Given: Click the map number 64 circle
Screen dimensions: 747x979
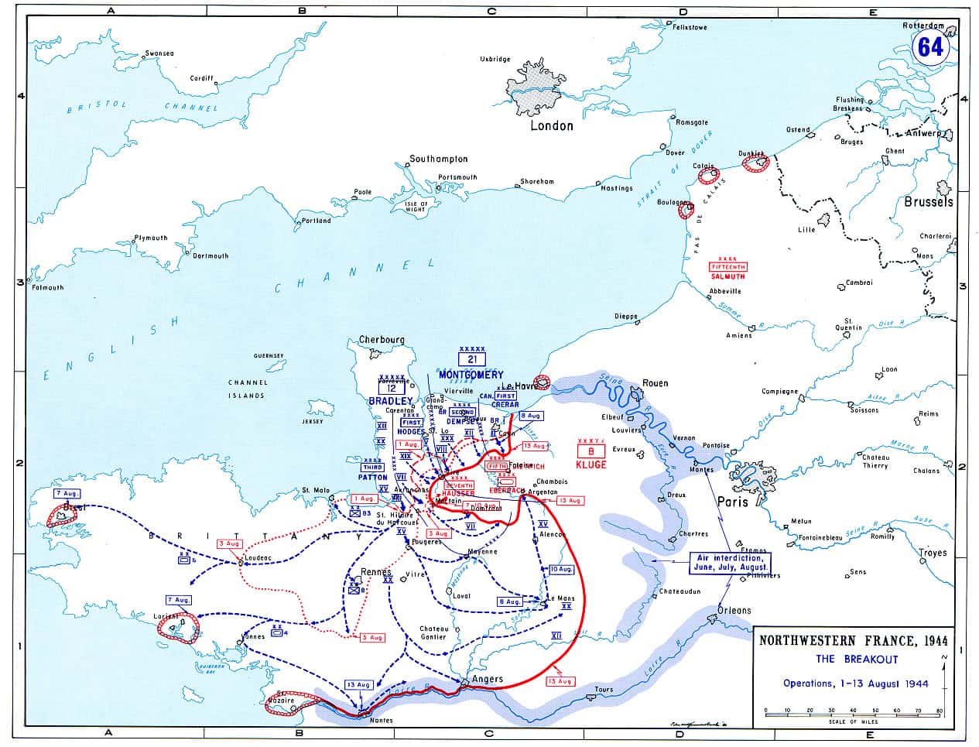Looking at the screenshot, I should coord(930,47).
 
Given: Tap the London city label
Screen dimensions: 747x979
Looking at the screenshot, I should coord(551,125).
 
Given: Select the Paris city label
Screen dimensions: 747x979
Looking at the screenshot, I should coord(732,502).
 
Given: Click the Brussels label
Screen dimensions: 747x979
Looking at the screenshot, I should coord(928,201).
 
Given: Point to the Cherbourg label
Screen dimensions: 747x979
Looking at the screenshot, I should coord(382,340).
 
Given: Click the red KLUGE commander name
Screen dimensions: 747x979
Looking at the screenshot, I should coord(590,464).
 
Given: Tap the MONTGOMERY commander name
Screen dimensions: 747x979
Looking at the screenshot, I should coord(471,375).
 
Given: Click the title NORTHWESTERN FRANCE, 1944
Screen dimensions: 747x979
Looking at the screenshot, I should coord(852,641).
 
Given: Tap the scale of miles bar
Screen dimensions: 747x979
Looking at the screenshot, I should coord(853,711).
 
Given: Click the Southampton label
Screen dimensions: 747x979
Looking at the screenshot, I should coord(439,159).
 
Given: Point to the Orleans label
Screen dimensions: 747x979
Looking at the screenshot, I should coord(734,610).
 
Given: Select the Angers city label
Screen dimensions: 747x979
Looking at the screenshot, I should coord(488,679).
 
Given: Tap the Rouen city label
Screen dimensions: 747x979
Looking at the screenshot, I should coord(656,383).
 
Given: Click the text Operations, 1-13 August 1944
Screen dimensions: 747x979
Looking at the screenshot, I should coord(855,684).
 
